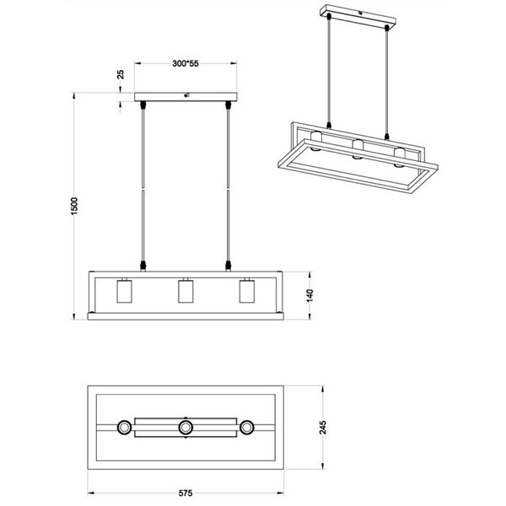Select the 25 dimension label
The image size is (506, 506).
(x=121, y=74)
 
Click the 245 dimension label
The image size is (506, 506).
(x=326, y=428)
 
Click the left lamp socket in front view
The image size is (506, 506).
(x=122, y=291)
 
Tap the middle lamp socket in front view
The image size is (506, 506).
(x=186, y=291)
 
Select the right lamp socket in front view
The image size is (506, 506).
(x=246, y=291)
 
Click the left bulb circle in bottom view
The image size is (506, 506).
(x=124, y=428)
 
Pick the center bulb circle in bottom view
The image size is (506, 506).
(x=186, y=428)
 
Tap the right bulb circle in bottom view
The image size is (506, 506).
(x=247, y=428)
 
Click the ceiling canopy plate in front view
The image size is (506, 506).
(x=186, y=96)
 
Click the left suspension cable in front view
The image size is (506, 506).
(x=143, y=186)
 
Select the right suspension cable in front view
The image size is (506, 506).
(x=228, y=186)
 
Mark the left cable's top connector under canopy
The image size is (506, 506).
(x=143, y=105)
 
